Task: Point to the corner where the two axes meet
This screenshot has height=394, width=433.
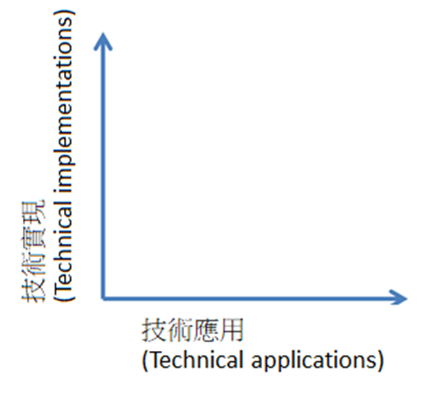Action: click(x=103, y=298)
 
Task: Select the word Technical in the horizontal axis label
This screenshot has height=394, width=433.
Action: click(x=195, y=360)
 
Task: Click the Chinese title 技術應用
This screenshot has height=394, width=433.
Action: click(x=193, y=330)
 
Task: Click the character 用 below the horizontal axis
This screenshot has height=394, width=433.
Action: click(x=231, y=330)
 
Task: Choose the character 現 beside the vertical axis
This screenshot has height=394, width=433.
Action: click(x=33, y=211)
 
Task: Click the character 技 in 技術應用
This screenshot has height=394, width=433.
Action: click(x=154, y=330)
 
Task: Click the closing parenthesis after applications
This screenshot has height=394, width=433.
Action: click(x=380, y=362)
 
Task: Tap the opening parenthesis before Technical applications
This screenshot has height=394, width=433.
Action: click(x=145, y=362)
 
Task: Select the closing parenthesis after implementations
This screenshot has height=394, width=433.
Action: click(x=64, y=13)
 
